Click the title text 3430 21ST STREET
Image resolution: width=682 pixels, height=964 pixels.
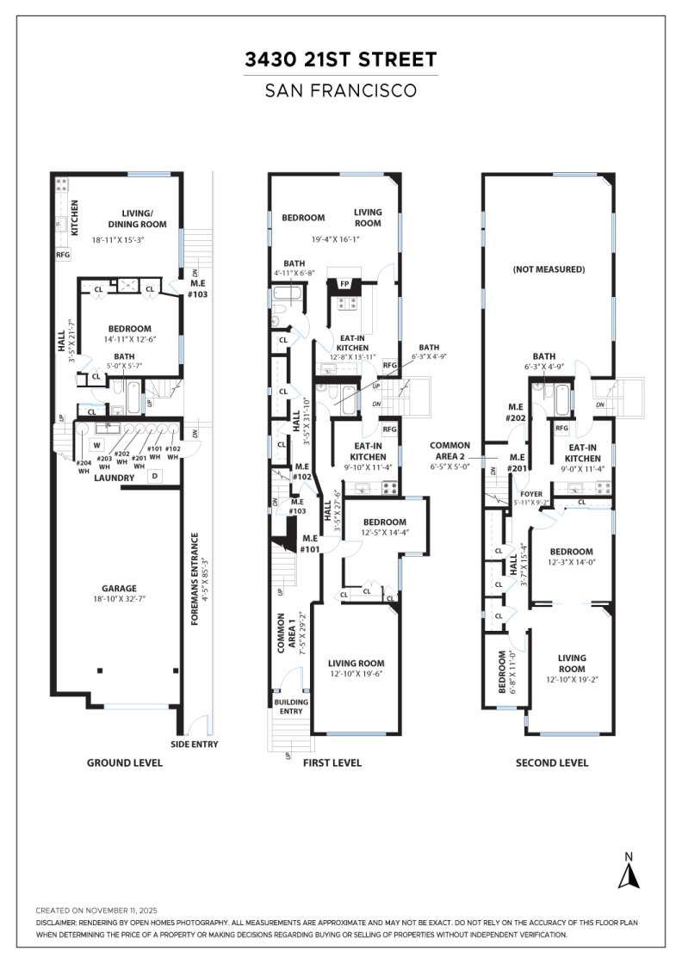pyautogui.click(x=341, y=59)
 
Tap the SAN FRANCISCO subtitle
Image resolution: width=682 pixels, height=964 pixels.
pyautogui.click(x=341, y=90)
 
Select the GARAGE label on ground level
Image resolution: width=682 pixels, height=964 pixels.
pyautogui.click(x=119, y=589)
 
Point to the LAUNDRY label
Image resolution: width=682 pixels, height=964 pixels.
pyautogui.click(x=115, y=478)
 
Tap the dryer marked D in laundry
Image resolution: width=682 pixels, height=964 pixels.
pyautogui.click(x=155, y=475)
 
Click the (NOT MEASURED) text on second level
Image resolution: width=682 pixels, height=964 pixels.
pyautogui.click(x=549, y=269)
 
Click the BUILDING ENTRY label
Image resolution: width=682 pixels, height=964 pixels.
pyautogui.click(x=289, y=707)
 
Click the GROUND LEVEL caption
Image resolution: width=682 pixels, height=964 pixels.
pyautogui.click(x=124, y=763)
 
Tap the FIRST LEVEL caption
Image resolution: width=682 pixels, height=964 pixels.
pyautogui.click(x=332, y=763)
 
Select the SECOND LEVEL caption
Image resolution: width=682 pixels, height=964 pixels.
pyautogui.click(x=552, y=763)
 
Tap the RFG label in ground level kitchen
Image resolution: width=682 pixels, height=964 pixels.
pyautogui.click(x=63, y=255)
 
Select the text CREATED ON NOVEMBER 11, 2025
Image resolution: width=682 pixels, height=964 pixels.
pyautogui.click(x=97, y=910)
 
